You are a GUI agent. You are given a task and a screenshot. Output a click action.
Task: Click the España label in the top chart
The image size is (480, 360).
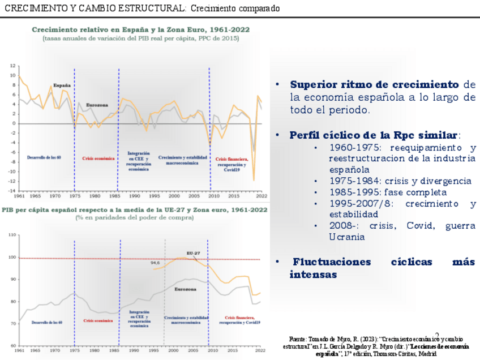[62, 85]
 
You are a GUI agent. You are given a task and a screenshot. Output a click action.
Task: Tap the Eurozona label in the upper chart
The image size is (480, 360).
[97, 105]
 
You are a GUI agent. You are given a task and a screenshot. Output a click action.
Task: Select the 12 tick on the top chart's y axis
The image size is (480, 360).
[12, 66]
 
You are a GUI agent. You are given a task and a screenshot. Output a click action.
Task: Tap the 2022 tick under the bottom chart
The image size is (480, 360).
[261, 351]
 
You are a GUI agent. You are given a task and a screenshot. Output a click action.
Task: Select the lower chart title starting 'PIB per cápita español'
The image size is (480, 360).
[134, 209]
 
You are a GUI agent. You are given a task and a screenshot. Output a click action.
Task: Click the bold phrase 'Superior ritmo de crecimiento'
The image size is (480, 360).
[374, 84]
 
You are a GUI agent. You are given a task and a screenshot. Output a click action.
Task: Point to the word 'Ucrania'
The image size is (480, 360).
[347, 237]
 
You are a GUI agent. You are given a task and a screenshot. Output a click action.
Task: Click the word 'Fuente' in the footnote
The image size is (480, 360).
[297, 338]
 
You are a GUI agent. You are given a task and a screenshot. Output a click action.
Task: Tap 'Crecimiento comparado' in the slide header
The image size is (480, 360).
[235, 8]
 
